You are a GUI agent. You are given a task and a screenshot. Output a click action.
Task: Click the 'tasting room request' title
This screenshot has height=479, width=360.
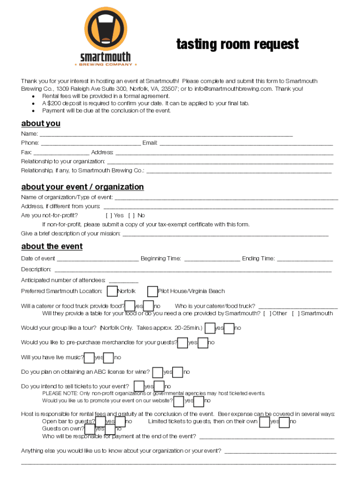click(238, 44)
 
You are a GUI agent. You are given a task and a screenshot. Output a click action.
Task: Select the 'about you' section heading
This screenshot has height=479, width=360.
click(41, 123)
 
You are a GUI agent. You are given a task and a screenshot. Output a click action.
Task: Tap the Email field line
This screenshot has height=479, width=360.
click(246, 143)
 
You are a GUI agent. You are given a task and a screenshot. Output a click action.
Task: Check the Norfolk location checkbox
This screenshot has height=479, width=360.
click(112, 291)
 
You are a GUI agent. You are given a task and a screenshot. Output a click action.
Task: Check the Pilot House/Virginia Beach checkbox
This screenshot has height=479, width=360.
click(152, 291)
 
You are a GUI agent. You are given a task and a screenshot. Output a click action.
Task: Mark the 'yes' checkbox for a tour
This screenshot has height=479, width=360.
click(210, 328)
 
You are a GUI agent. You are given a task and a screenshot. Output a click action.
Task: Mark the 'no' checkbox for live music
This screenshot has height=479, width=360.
click(108, 358)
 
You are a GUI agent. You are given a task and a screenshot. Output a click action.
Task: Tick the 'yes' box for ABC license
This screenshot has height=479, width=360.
click(158, 372)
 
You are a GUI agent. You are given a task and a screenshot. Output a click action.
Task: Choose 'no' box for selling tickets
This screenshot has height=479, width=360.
click(159, 386)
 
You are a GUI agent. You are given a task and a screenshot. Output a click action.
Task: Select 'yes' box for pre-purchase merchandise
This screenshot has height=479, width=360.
click(183, 343)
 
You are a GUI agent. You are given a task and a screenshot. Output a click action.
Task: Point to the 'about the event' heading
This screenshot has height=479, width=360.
click(52, 247)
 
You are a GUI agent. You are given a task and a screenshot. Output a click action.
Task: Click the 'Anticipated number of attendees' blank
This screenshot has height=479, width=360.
click(123, 281)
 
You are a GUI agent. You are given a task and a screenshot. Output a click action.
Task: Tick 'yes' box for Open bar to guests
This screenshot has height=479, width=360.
click(101, 422)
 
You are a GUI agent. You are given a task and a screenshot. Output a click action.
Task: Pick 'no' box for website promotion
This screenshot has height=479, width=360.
click(199, 401)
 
